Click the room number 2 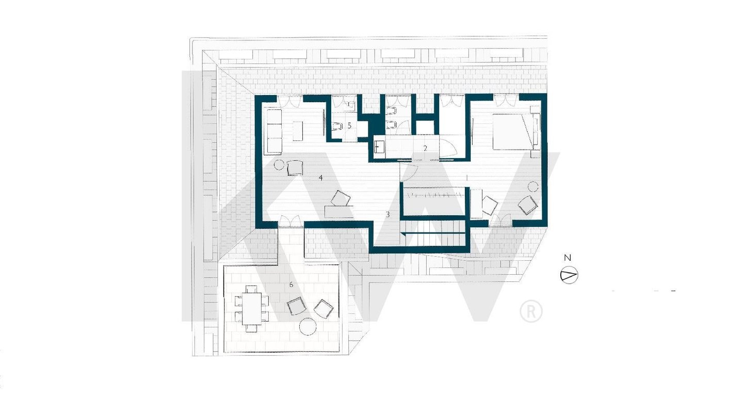tap(425, 148)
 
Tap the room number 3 tap(387, 214)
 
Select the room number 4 tap(320, 178)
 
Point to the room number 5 tap(349, 125)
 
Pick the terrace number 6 tap(291, 285)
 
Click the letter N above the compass tap(568, 258)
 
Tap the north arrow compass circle tap(569, 275)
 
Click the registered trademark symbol tap(531, 311)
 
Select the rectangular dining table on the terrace tap(252, 309)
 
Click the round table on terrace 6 tap(308, 327)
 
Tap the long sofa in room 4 tap(274, 132)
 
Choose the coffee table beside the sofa tap(298, 131)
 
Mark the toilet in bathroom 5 tap(337, 126)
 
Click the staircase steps tap(434, 232)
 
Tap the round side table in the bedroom tap(533, 186)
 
